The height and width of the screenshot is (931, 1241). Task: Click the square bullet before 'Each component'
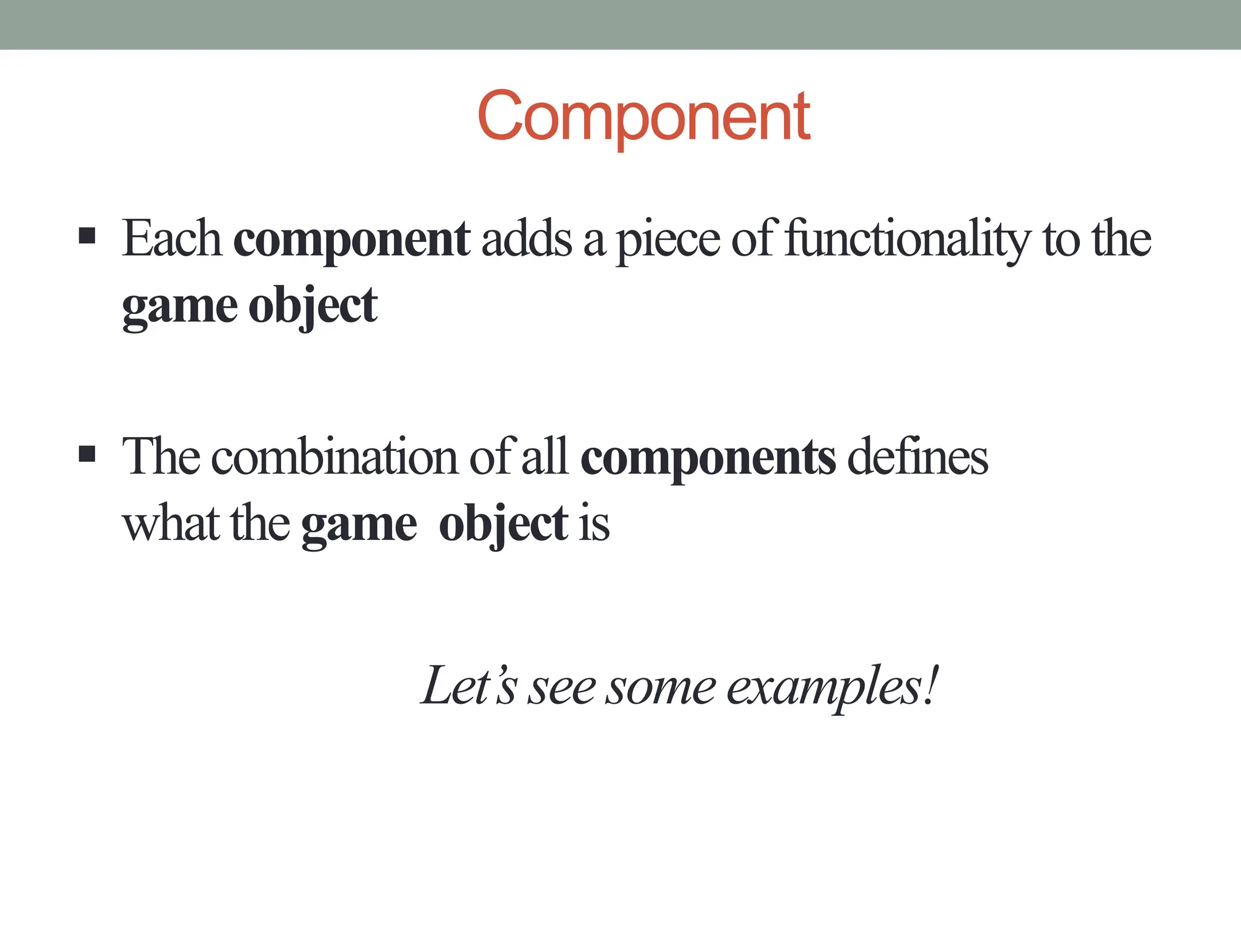point(87,236)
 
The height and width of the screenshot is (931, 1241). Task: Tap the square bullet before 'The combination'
point(87,454)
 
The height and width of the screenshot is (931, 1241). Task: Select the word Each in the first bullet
point(172,239)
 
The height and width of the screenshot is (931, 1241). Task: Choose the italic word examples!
point(833,687)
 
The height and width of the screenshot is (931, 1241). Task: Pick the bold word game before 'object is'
point(359,525)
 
